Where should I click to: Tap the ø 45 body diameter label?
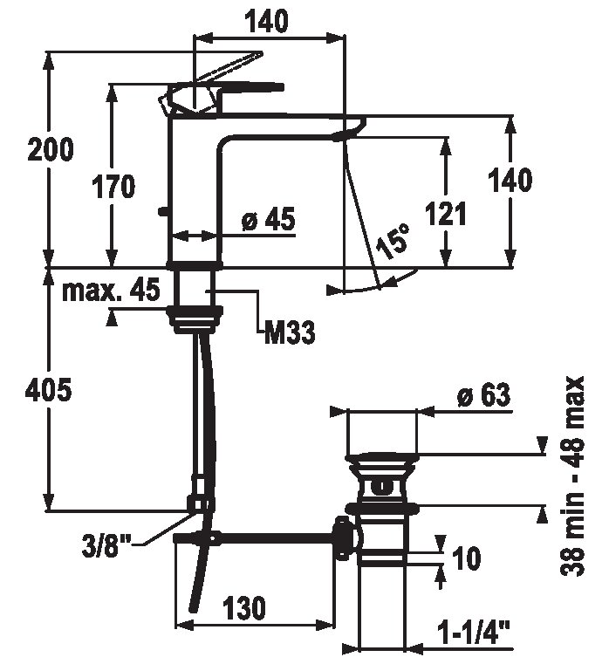point(266,221)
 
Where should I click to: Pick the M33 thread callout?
point(288,332)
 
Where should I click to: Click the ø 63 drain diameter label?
point(482,396)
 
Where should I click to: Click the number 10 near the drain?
point(468,558)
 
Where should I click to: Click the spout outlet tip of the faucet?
point(349,131)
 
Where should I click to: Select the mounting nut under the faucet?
point(194,319)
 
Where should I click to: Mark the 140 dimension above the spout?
point(268,23)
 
